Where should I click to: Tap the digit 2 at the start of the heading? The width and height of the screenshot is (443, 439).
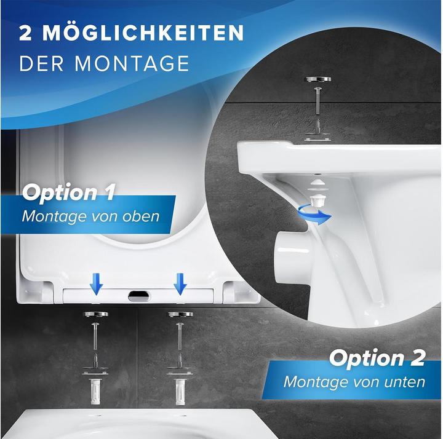(26, 33)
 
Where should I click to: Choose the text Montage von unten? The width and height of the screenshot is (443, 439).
(354, 381)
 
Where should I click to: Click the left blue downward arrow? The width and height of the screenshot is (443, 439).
(95, 283)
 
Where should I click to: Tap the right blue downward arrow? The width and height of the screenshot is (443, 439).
(180, 283)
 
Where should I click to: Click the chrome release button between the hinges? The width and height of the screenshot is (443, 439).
(138, 296)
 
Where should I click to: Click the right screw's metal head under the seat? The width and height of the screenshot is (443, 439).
(180, 315)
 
